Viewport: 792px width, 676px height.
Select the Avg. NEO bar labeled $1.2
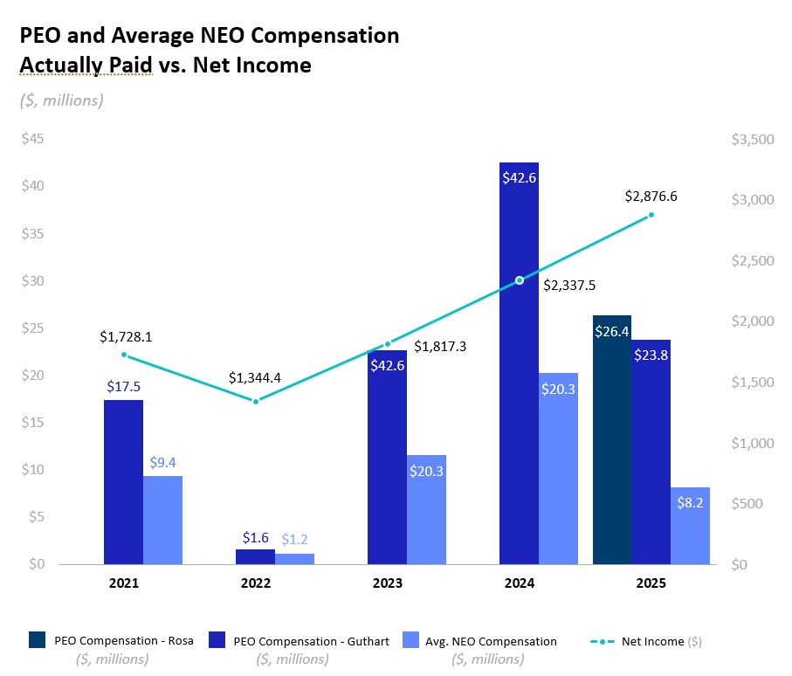(294, 558)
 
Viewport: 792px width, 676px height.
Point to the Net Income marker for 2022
(256, 401)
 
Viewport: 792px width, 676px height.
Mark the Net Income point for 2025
(651, 215)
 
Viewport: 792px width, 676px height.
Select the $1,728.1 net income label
(125, 336)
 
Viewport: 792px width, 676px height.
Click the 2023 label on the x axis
(387, 583)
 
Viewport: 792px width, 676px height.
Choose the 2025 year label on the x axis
(651, 583)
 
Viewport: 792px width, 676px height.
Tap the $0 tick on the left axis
(36, 564)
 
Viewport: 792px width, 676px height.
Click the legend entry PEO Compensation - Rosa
(119, 641)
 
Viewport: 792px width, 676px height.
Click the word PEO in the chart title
(39, 36)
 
